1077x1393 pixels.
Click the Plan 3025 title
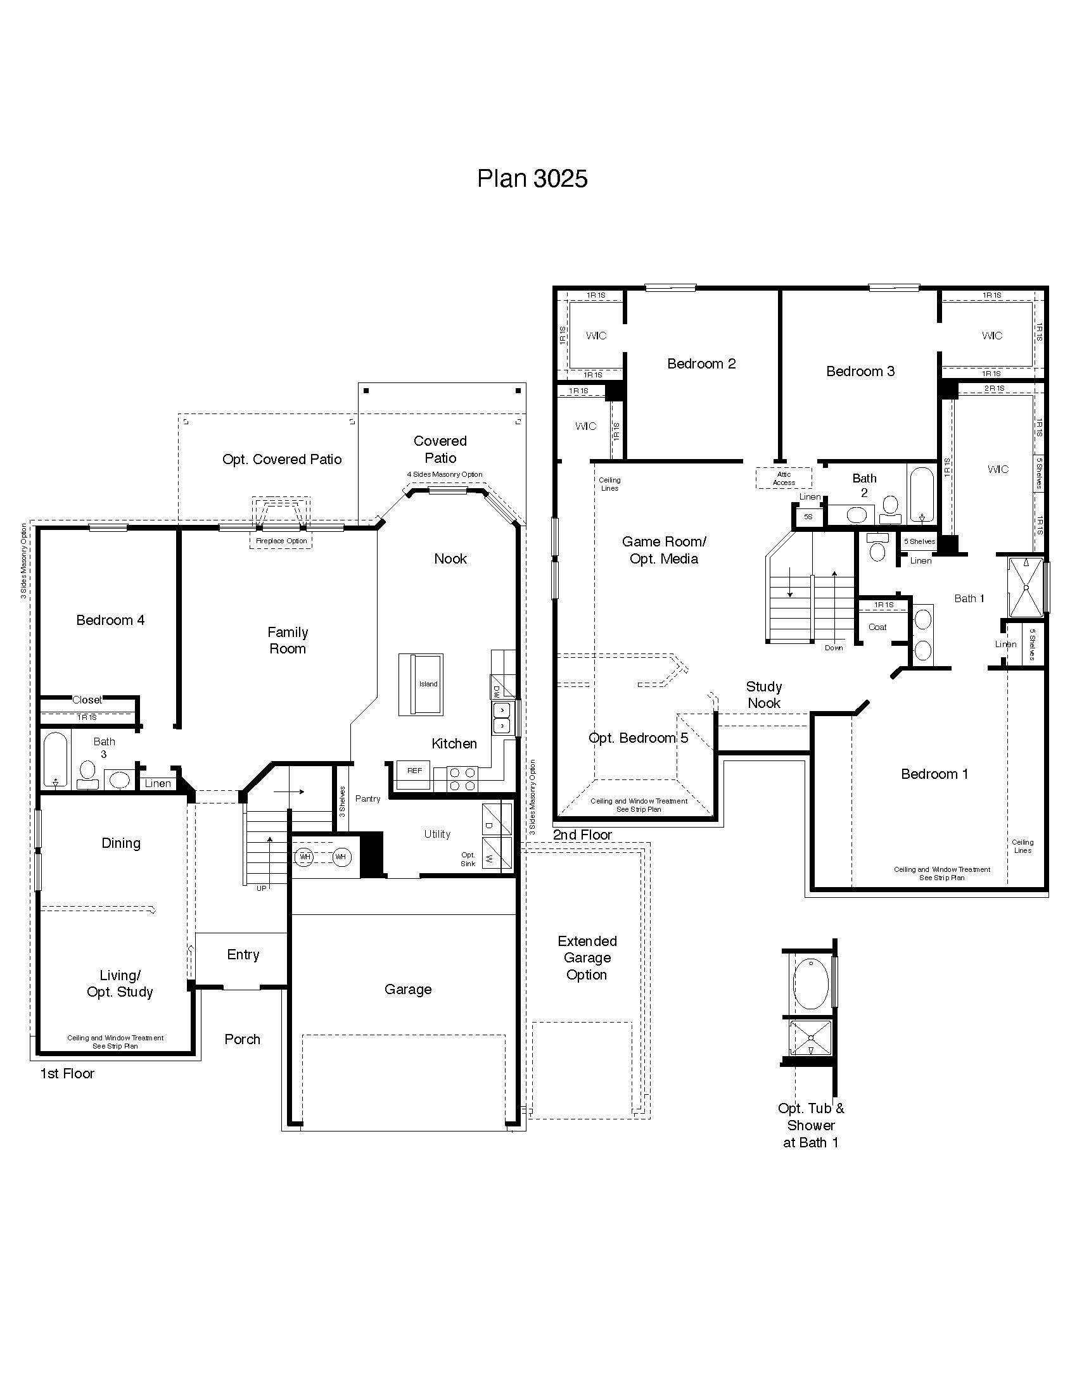click(x=532, y=179)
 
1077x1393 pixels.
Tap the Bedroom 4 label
click(x=110, y=620)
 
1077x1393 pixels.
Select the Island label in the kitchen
click(x=428, y=684)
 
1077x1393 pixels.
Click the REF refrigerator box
click(x=414, y=771)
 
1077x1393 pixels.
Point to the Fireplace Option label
click(x=281, y=541)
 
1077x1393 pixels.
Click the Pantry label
click(x=368, y=798)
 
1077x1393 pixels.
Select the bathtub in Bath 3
click(x=56, y=759)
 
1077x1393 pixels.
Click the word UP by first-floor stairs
click(x=262, y=888)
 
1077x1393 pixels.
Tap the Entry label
click(x=243, y=955)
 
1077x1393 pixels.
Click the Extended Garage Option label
click(x=587, y=957)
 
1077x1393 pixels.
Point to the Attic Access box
click(x=784, y=478)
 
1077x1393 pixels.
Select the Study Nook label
click(x=764, y=695)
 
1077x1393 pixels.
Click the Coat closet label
click(x=877, y=627)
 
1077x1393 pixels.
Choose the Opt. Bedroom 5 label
click(x=638, y=738)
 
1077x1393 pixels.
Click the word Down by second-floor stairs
click(x=833, y=647)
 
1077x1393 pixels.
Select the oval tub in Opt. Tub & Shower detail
click(x=810, y=983)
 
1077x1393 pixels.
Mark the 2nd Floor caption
click(x=582, y=835)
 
